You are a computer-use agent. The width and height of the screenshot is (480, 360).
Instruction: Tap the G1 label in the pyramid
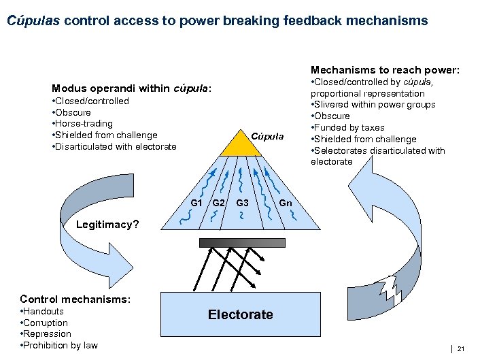196,203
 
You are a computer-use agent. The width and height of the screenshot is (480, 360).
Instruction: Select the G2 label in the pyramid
218,203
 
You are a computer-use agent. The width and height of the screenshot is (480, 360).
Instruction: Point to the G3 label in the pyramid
242,203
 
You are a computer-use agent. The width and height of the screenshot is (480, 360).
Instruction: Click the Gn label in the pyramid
286,203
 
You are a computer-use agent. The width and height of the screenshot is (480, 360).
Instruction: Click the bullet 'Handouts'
44,312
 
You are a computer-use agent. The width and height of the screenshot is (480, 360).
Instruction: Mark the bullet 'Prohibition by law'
61,345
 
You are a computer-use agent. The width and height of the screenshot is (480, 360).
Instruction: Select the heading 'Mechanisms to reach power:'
385,69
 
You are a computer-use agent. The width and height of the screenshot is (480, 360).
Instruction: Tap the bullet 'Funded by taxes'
349,127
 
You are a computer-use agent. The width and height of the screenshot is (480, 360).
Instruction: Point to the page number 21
461,349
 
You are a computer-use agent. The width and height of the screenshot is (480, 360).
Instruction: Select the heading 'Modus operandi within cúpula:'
132,88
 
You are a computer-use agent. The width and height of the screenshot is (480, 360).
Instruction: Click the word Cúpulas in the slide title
34,20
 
